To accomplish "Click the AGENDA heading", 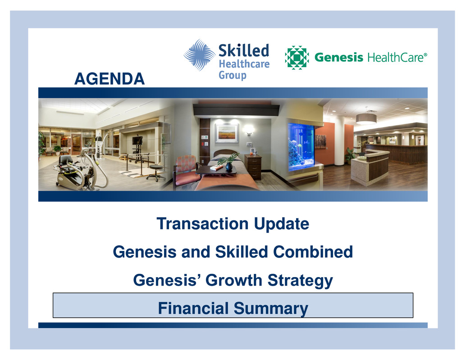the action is click(110, 79).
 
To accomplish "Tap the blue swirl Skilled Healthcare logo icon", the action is click(199, 55).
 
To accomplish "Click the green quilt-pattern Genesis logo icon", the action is click(297, 57).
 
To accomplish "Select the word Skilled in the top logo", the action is click(244, 50).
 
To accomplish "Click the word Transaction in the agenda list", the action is click(202, 223).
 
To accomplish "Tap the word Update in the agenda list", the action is click(281, 224).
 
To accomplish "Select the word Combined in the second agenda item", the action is click(313, 252).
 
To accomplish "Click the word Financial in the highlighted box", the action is click(193, 308).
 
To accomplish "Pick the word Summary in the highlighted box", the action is click(271, 309).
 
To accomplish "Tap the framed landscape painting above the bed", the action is click(227, 133).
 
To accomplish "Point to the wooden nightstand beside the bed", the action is click(253, 167).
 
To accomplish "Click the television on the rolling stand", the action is click(137, 140).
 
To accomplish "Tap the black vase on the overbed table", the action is click(228, 166).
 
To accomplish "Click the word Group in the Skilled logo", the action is click(233, 75).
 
